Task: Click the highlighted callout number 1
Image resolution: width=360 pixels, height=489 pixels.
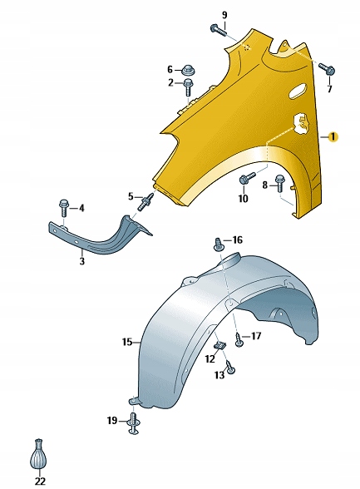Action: coord(333,137)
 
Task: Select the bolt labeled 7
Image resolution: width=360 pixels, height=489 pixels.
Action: coord(327,68)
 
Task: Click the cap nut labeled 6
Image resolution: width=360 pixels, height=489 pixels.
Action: coord(188,70)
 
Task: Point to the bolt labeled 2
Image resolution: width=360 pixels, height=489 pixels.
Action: coord(189,87)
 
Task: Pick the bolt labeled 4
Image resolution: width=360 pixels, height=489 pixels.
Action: coord(63,207)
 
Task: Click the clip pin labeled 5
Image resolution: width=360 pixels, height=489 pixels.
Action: coord(145,201)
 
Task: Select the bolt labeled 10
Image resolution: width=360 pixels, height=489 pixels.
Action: coord(247,178)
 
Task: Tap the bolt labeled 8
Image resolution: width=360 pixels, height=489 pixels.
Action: coord(279,184)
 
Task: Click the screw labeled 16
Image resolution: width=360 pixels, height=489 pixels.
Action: coord(219,244)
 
